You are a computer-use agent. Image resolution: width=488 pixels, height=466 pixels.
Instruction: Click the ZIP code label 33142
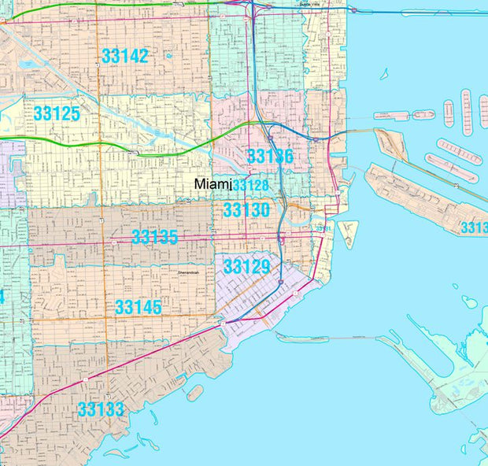[x=124, y=55]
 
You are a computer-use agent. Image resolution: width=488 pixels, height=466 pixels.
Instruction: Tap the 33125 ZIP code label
[x=57, y=114]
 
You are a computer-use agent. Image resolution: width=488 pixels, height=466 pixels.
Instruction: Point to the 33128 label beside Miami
[x=250, y=185]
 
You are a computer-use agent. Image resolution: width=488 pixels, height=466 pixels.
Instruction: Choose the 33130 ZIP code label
[x=246, y=210]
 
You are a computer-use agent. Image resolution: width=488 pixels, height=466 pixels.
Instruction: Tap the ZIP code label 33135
[x=155, y=237]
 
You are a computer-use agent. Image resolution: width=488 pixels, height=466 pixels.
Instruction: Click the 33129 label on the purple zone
[x=246, y=266]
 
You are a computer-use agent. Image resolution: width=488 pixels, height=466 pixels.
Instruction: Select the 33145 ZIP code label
[x=138, y=307]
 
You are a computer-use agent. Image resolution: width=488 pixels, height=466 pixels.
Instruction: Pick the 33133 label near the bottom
[x=100, y=409]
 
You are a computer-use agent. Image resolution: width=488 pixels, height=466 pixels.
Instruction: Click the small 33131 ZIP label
[x=323, y=228]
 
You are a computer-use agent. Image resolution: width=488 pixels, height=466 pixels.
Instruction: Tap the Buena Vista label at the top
[x=312, y=4]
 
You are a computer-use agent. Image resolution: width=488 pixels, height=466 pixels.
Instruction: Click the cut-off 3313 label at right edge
[x=474, y=227]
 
